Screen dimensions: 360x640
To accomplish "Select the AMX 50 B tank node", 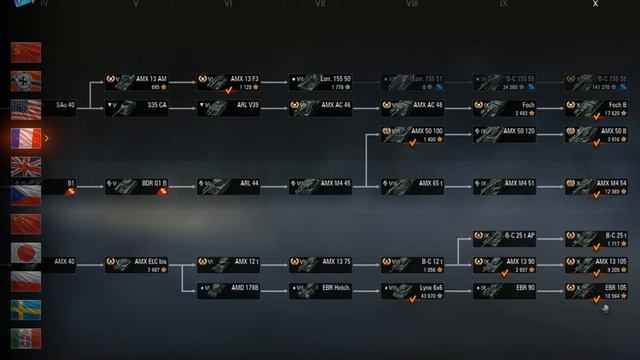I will pos(597,134).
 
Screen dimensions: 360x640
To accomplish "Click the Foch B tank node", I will pos(597,108).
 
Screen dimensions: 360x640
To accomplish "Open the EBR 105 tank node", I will pos(597,291).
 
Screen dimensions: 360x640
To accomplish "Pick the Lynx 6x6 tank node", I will pos(413,291).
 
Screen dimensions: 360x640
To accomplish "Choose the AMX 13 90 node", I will pos(505,265).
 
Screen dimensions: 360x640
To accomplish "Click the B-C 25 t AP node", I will pos(505,239).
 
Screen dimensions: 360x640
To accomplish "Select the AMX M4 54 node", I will pos(597,186).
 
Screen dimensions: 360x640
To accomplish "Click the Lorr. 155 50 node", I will pos(321,81).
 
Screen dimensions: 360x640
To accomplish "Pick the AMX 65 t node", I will pos(413,186).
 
